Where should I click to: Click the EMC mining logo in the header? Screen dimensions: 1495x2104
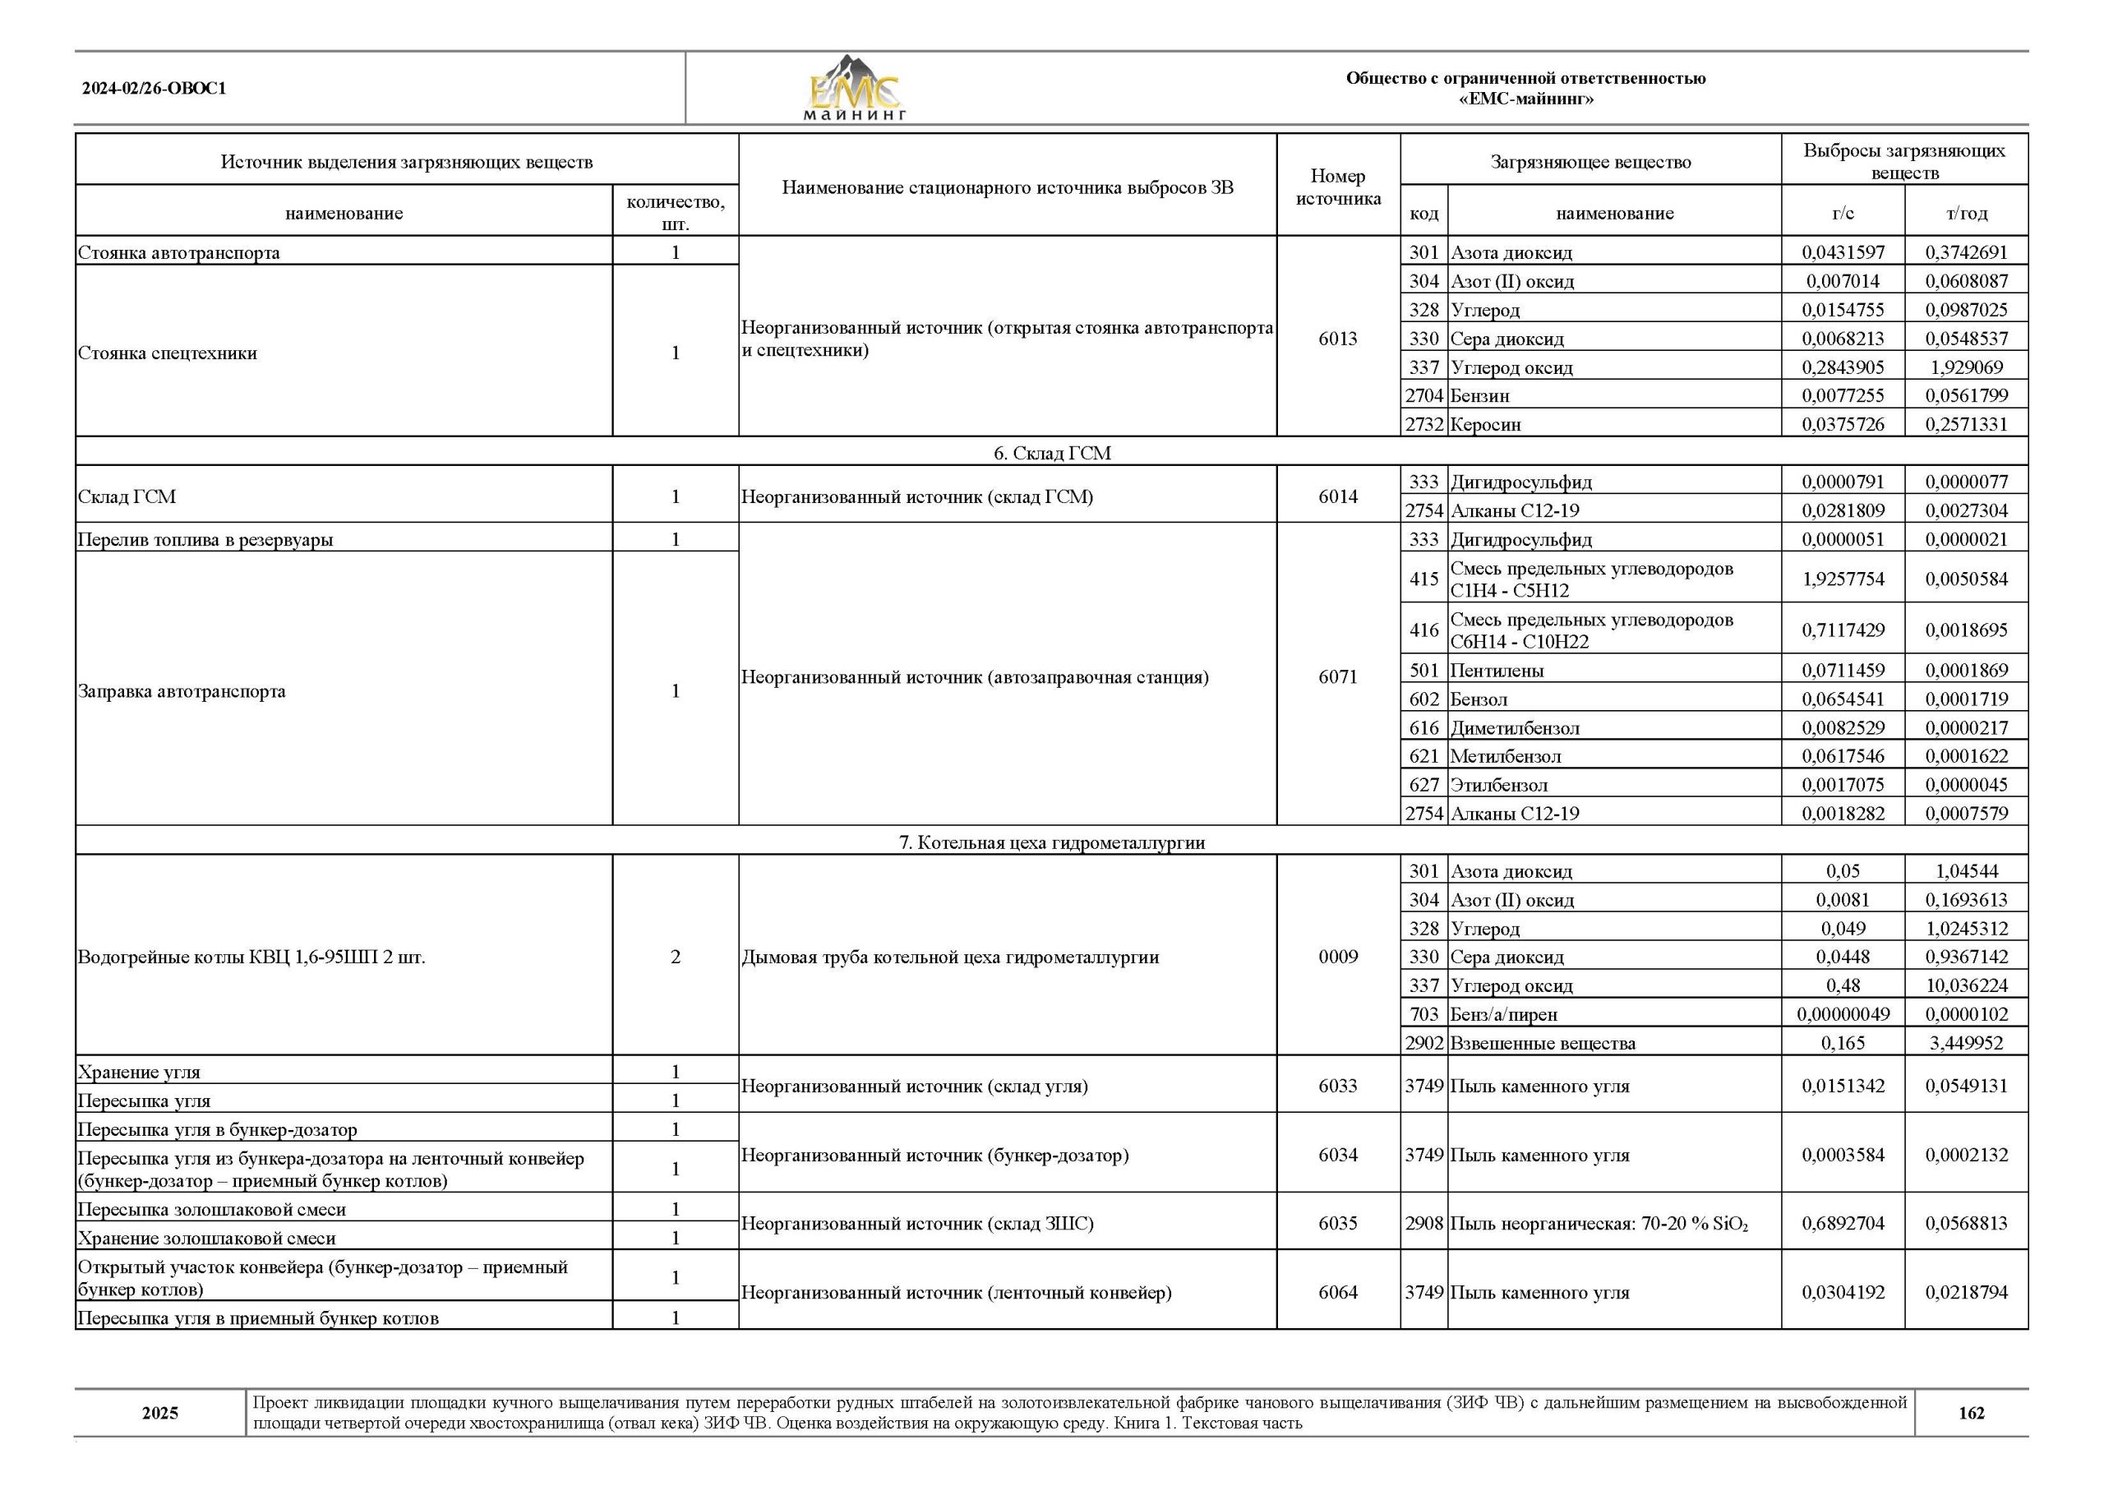coord(855,89)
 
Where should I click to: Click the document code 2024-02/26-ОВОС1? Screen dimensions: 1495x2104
coord(154,89)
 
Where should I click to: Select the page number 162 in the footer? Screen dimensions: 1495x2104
coord(1972,1413)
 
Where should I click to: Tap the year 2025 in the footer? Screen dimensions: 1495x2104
coord(160,1413)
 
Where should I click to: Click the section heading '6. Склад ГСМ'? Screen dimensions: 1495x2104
coord(1051,453)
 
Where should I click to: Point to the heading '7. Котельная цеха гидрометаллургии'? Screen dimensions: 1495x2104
coord(1051,842)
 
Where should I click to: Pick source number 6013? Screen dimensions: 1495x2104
coord(1337,339)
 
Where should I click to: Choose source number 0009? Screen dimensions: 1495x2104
coord(1337,957)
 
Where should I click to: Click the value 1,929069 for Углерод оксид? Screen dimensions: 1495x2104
coord(1966,367)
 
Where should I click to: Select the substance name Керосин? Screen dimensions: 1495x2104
coord(1485,424)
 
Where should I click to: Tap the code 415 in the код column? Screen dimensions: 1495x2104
coord(1423,579)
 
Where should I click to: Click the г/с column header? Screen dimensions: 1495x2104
coord(1843,214)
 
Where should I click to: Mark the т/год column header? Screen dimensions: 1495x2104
coord(1967,214)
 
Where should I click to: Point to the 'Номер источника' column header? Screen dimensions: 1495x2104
coord(1337,187)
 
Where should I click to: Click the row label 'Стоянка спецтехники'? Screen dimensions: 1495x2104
coord(168,353)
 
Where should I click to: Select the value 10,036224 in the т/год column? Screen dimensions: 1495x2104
coord(1966,985)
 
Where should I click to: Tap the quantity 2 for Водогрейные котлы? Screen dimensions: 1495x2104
coord(676,957)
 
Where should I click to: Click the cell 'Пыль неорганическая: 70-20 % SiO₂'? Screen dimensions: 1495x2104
coord(1599,1224)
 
